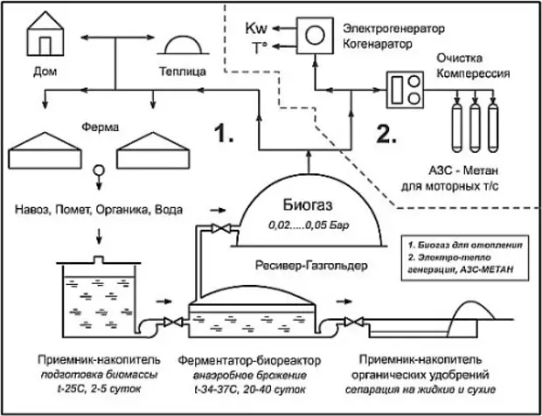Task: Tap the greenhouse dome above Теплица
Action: [x=181, y=45]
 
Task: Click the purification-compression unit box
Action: [x=406, y=90]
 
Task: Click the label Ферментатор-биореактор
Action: [x=248, y=359]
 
